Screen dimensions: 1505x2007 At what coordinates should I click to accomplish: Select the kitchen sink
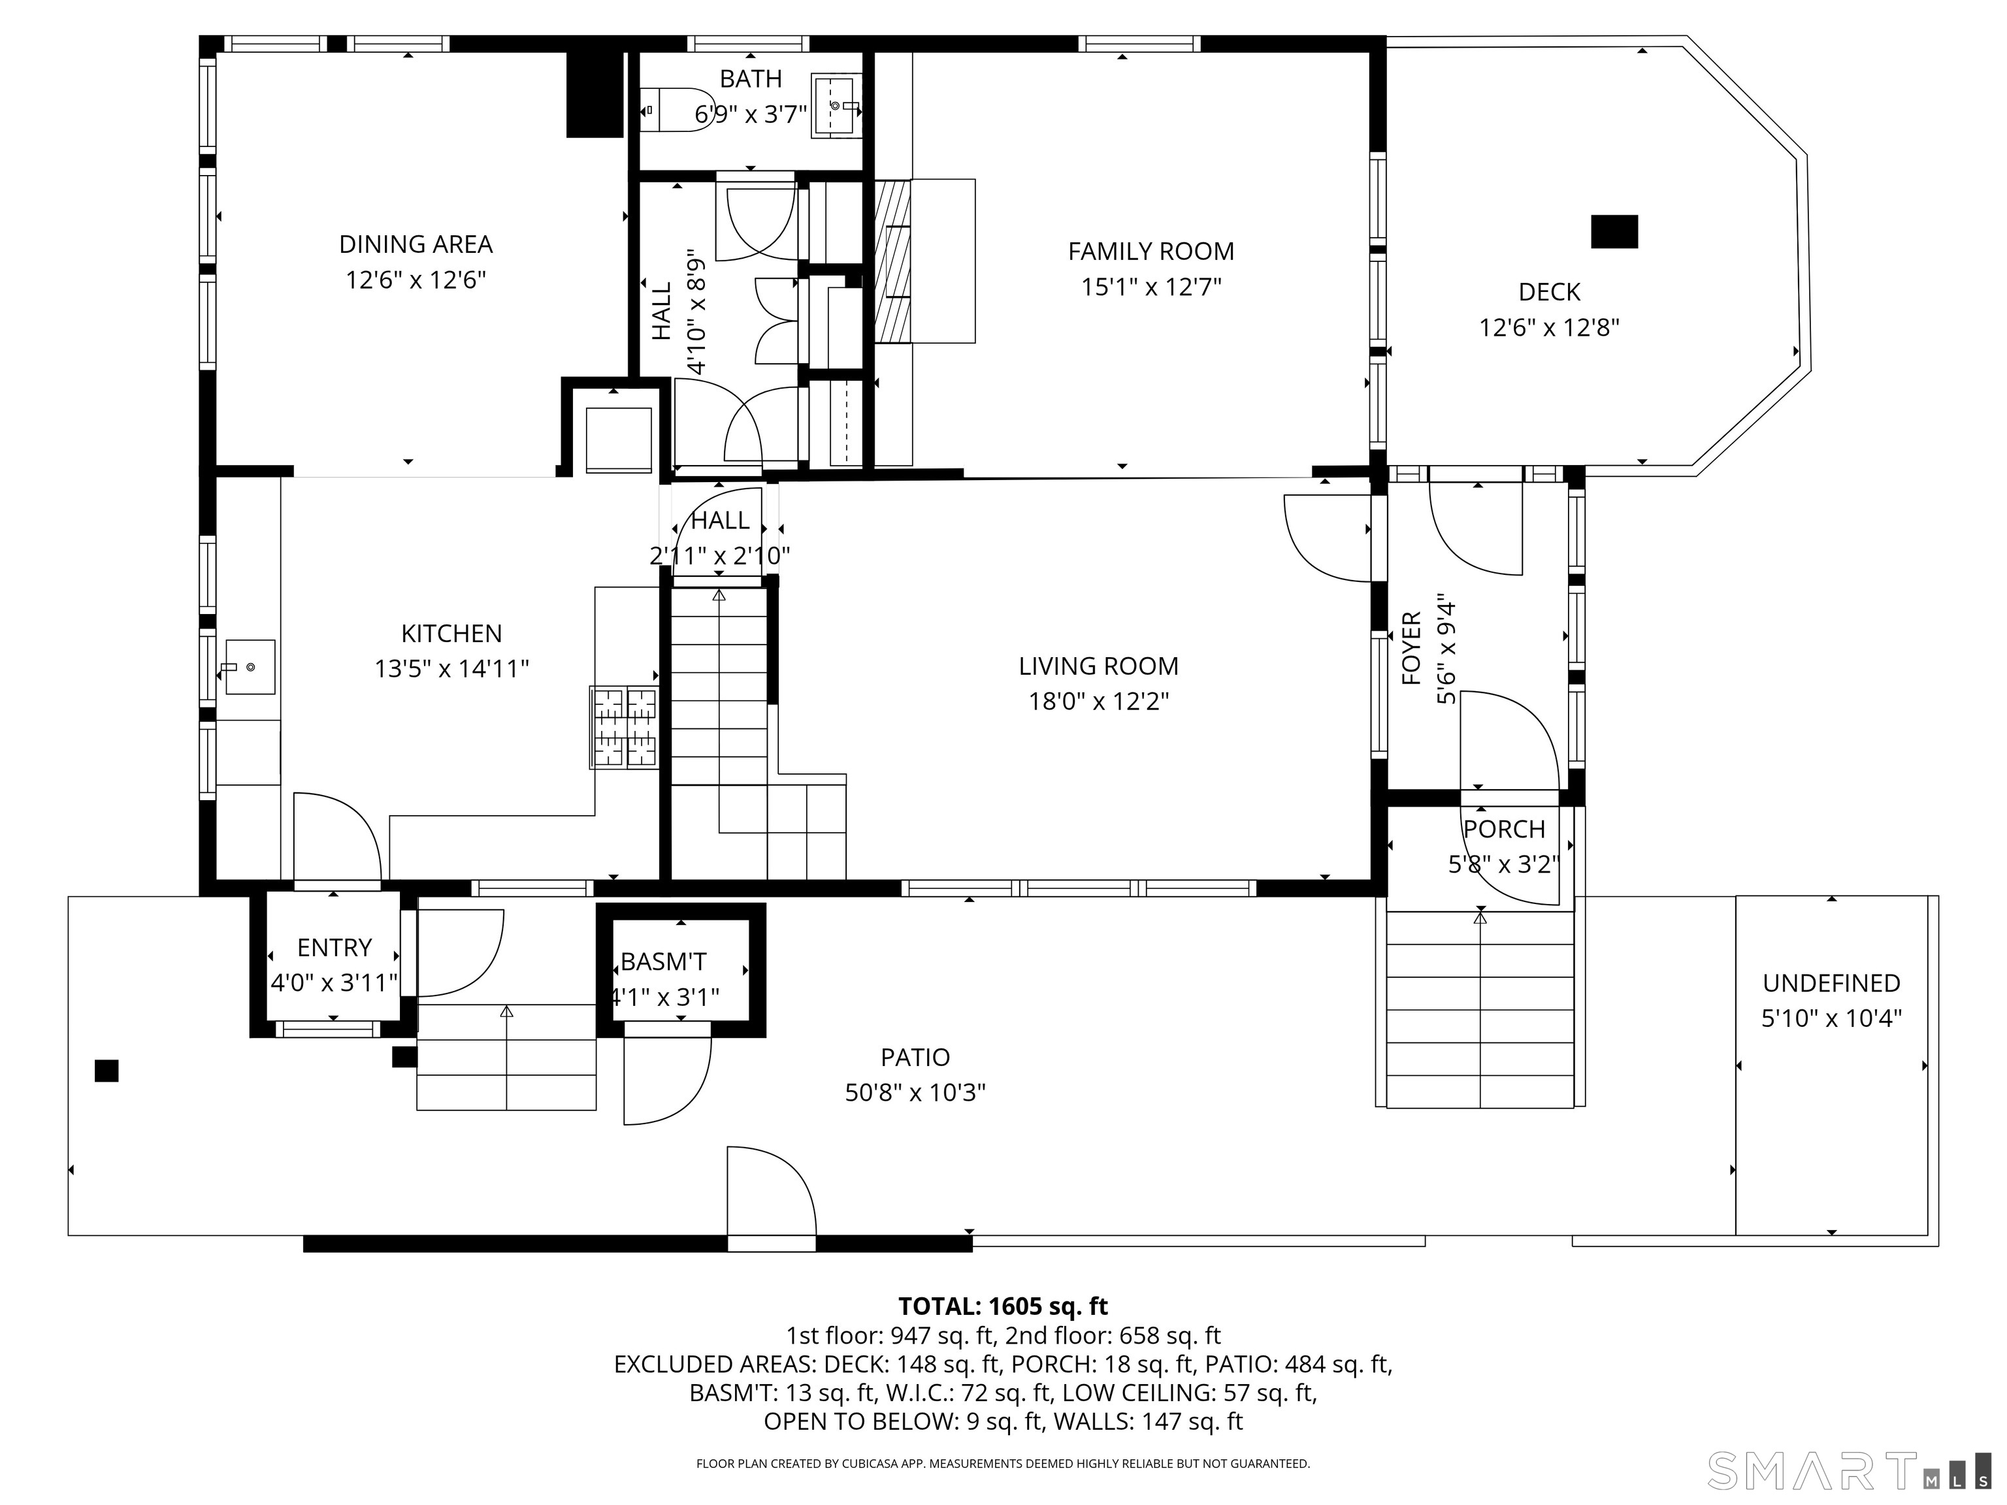click(250, 667)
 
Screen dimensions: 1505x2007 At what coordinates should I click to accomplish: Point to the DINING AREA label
click(416, 244)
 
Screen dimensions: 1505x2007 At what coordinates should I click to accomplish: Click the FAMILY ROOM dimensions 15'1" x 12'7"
click(1150, 287)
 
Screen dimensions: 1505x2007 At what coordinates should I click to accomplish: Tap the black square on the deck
click(1614, 231)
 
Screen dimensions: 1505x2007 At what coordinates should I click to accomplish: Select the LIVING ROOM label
click(1098, 666)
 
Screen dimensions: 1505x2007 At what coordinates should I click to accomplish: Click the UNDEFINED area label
click(1831, 982)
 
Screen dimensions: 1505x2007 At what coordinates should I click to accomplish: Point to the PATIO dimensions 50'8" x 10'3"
click(915, 1092)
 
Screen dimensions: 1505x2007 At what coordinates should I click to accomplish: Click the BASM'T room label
click(663, 962)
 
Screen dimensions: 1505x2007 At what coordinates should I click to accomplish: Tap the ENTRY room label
click(334, 947)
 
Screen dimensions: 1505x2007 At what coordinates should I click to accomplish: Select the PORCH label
click(1503, 829)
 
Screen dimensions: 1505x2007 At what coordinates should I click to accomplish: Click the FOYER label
click(1411, 649)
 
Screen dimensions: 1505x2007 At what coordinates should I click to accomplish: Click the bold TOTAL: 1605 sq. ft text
click(1003, 1306)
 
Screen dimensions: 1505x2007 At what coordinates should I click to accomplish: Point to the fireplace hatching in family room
click(891, 261)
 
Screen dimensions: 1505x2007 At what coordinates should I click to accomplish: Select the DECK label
click(1549, 292)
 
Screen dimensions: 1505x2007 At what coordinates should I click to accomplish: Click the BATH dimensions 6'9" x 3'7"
click(751, 115)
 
